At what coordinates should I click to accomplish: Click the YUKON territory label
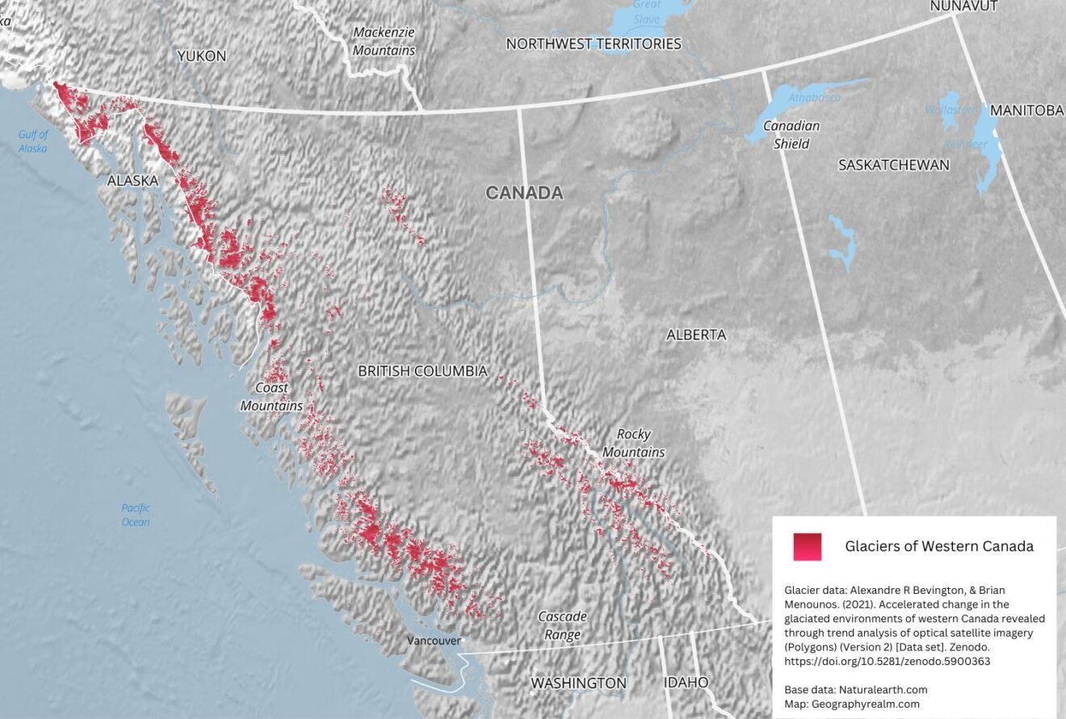(x=201, y=56)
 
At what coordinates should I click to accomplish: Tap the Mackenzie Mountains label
(x=384, y=42)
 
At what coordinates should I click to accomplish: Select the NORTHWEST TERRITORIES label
(x=594, y=44)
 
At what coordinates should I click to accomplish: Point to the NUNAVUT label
(x=963, y=6)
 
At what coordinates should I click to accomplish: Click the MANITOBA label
(x=1026, y=110)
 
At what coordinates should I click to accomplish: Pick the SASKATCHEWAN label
(x=893, y=165)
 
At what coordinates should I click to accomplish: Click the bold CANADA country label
(x=524, y=193)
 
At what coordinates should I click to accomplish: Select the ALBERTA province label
(x=695, y=334)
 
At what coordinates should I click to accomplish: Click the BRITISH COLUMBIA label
(x=422, y=371)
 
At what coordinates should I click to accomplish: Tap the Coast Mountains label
(x=271, y=396)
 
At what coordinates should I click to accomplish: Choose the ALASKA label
(x=132, y=181)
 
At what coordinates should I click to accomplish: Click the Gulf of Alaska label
(x=33, y=141)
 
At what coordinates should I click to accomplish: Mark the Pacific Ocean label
(x=136, y=515)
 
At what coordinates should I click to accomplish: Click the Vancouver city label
(x=433, y=641)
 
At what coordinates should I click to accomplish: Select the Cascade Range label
(x=562, y=625)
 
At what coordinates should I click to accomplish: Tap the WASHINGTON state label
(x=577, y=683)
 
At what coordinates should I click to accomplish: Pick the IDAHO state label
(x=686, y=683)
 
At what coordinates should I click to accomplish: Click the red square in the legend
(x=807, y=547)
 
